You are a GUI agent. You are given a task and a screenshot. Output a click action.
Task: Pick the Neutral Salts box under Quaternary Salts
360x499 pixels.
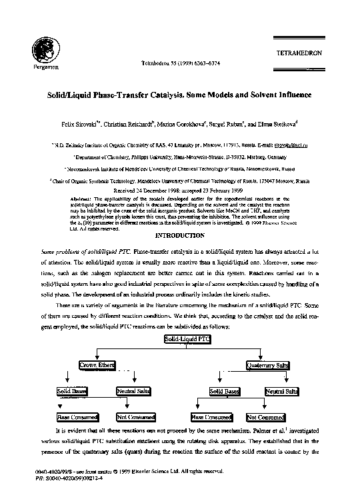tap(281, 391)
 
